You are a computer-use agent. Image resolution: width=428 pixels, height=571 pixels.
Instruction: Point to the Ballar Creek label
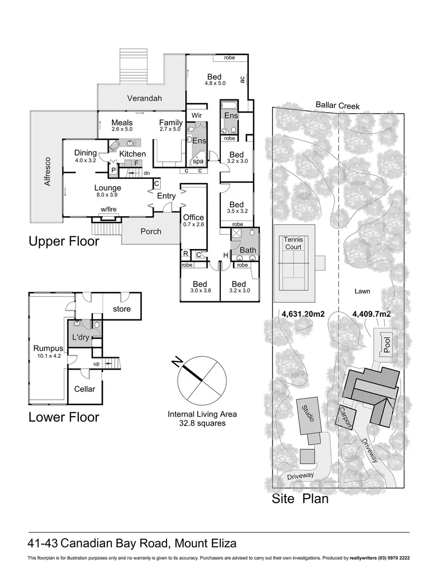coord(338,106)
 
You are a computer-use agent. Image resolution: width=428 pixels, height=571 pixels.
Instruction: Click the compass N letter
coord(179,362)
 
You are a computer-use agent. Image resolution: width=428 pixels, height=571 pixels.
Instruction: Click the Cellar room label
coord(85,389)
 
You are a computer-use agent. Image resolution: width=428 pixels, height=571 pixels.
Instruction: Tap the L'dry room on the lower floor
coord(80,337)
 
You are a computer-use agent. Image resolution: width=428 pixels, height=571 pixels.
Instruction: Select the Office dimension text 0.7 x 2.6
coord(193,224)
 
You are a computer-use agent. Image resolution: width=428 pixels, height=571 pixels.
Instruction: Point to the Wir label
coord(197,115)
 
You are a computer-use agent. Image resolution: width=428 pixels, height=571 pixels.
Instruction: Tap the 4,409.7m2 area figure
coord(371,314)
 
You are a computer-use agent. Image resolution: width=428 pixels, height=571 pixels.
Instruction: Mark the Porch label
coord(151,231)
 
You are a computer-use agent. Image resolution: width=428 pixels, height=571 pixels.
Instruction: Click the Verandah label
coord(144,98)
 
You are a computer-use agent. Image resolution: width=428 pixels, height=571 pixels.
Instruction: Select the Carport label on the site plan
coord(346,418)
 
